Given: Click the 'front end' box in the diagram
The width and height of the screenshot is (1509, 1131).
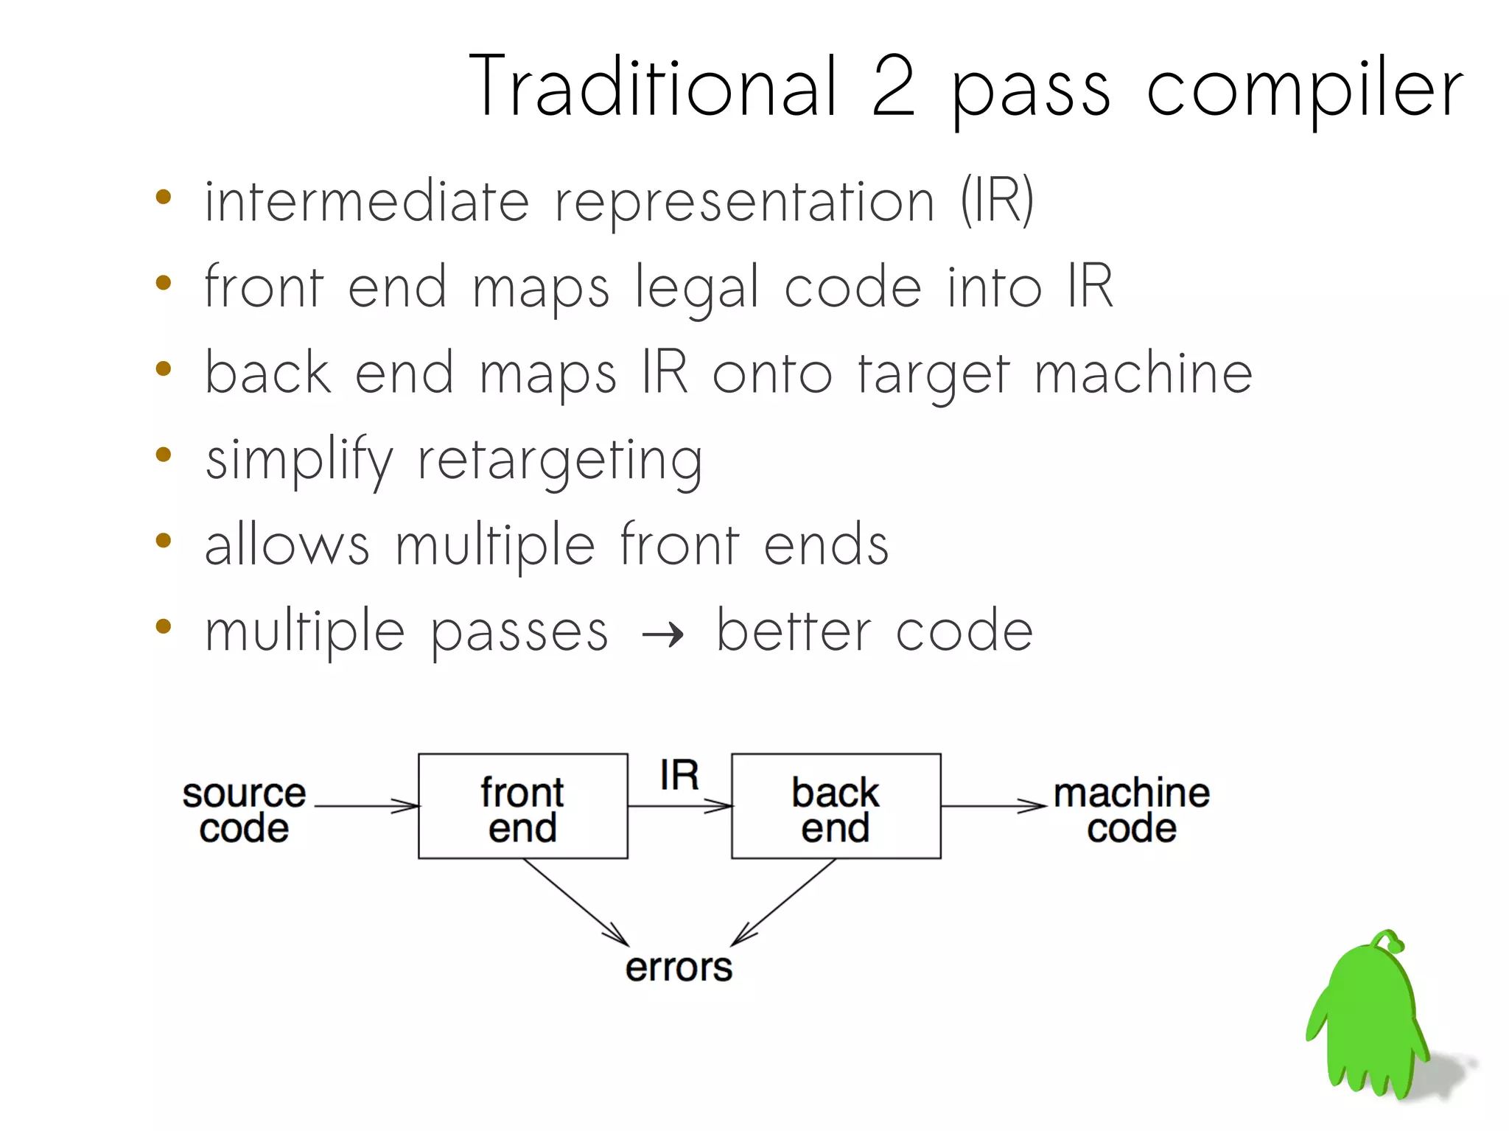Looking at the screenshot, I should click(522, 806).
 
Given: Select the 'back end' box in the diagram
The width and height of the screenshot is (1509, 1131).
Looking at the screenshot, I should click(836, 806).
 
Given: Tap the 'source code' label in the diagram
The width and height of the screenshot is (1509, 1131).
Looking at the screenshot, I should click(244, 810).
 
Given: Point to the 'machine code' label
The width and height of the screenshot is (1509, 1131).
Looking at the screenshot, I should click(1131, 810).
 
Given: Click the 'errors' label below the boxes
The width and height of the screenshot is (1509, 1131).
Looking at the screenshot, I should click(679, 968).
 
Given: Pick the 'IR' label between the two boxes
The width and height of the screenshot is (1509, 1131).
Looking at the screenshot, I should click(679, 776).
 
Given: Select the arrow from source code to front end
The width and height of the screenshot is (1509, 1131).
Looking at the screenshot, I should click(366, 806).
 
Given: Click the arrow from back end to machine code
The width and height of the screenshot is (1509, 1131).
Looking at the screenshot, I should click(992, 806).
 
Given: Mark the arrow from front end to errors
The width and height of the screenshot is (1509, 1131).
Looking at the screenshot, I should click(575, 903).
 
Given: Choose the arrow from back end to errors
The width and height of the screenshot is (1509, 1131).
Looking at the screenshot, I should click(784, 903).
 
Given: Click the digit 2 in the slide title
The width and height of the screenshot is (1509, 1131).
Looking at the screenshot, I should click(893, 87).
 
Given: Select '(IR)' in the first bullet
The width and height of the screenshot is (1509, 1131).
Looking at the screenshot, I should click(997, 200).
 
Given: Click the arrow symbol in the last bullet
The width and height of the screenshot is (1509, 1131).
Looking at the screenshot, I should click(662, 634).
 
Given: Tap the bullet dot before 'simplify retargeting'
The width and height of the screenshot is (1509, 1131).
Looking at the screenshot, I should click(164, 455).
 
